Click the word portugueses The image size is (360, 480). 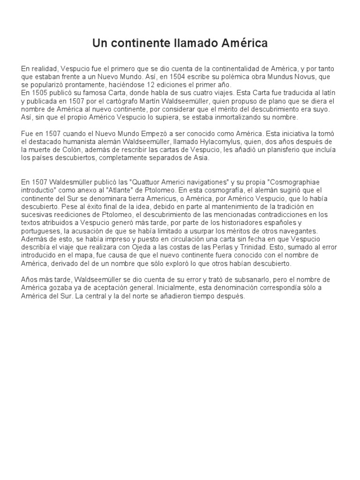40,232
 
